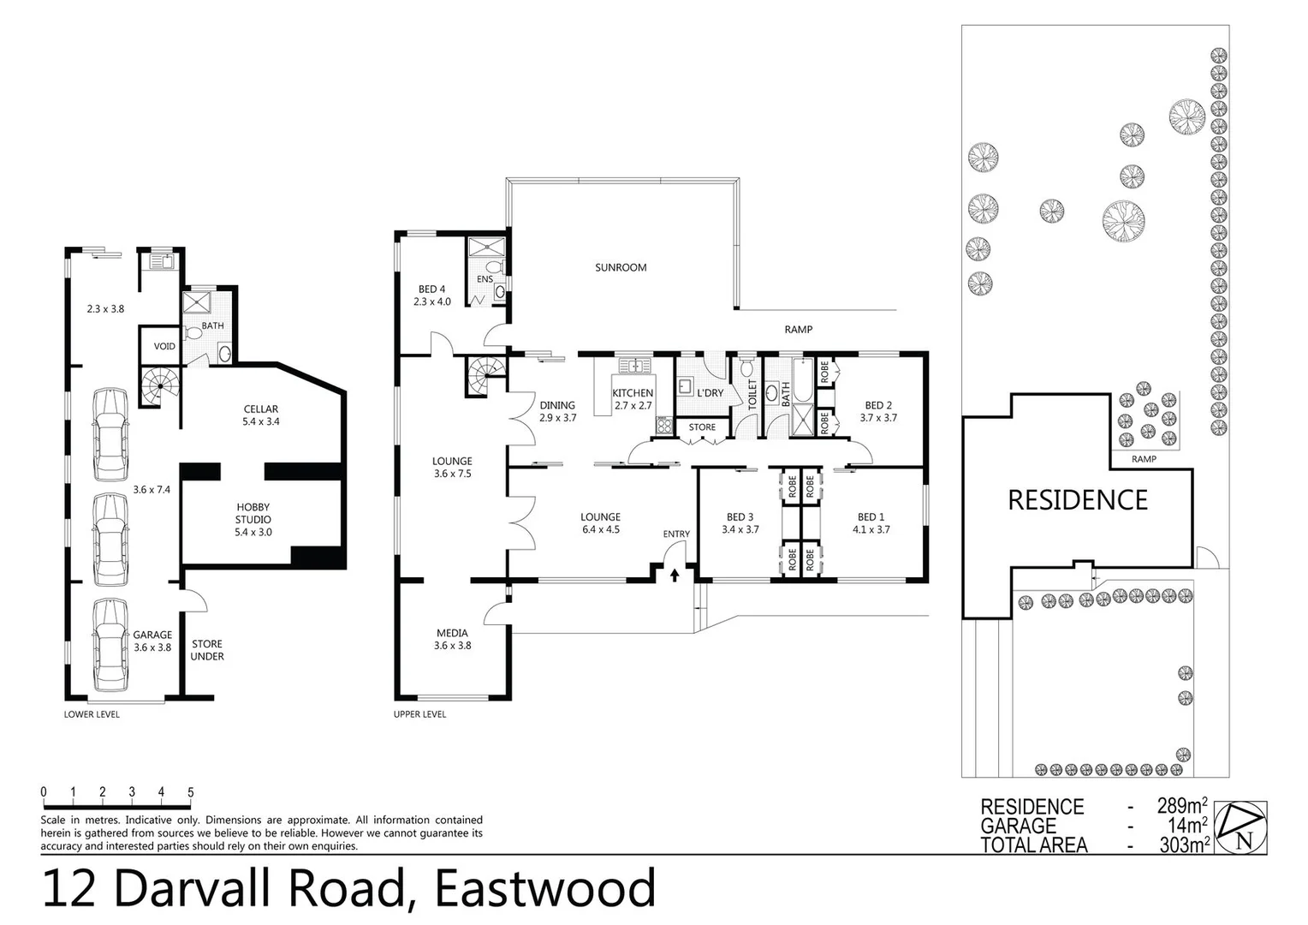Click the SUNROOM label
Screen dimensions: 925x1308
(x=621, y=267)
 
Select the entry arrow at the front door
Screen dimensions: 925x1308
(x=675, y=575)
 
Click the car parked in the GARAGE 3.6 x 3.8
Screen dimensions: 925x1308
(x=111, y=644)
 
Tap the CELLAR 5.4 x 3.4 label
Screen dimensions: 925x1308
(x=261, y=415)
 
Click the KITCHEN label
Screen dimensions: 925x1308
(x=633, y=399)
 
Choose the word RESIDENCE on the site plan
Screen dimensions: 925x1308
(x=1077, y=500)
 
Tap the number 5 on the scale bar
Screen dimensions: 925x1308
(x=190, y=792)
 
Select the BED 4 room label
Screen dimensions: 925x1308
(x=431, y=295)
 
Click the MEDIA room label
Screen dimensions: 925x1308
(x=452, y=640)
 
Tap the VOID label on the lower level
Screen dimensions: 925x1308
(x=164, y=347)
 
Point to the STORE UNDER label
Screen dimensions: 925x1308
(x=207, y=650)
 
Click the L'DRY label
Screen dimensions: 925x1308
(x=710, y=393)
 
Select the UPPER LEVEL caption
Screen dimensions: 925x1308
(x=419, y=714)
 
